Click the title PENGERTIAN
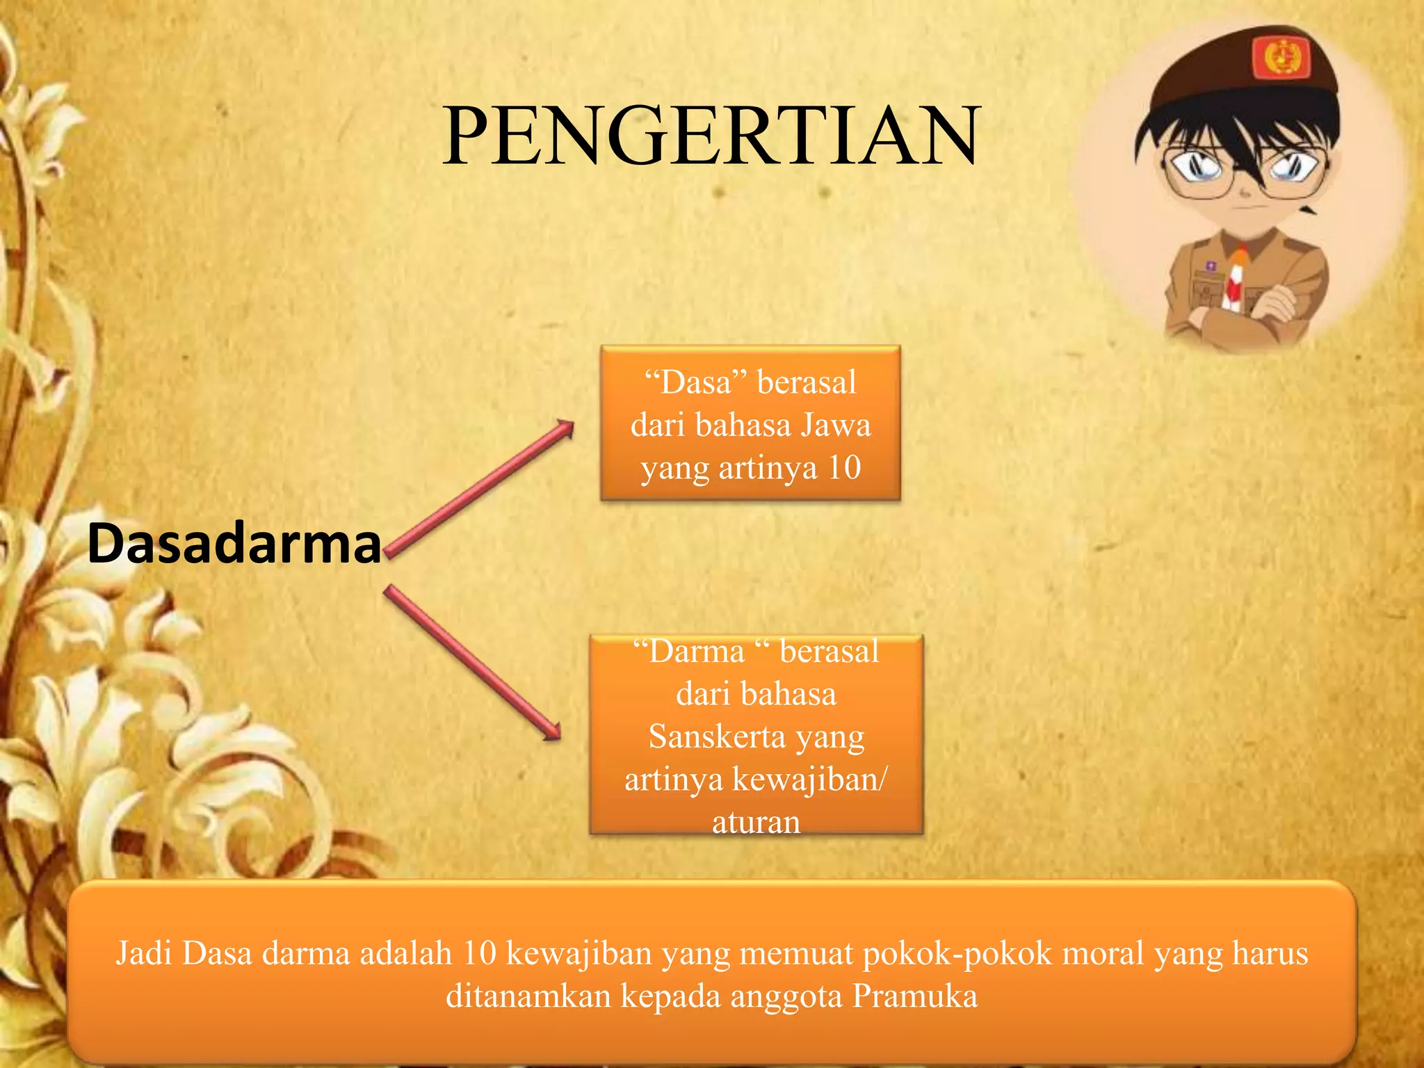[711, 136]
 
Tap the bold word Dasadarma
[234, 543]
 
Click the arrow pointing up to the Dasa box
[480, 488]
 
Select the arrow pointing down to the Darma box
[473, 663]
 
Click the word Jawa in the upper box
[835, 425]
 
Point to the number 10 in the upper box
[844, 467]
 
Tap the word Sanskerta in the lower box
[717, 737]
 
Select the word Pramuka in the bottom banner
[914, 996]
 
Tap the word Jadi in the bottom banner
[144, 953]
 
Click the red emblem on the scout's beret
[1281, 57]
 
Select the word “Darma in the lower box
[689, 652]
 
